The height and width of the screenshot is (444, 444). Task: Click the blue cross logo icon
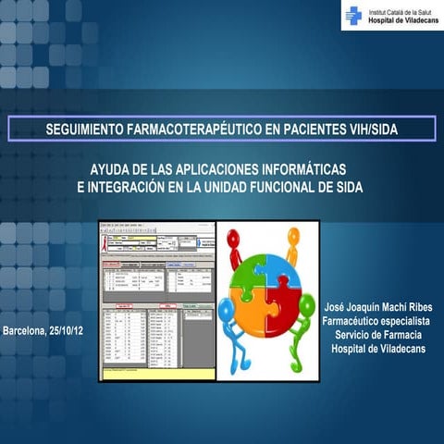[x=352, y=15]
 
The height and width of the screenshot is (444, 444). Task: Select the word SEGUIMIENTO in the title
[x=89, y=129]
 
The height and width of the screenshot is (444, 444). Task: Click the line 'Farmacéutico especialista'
[x=377, y=320]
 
